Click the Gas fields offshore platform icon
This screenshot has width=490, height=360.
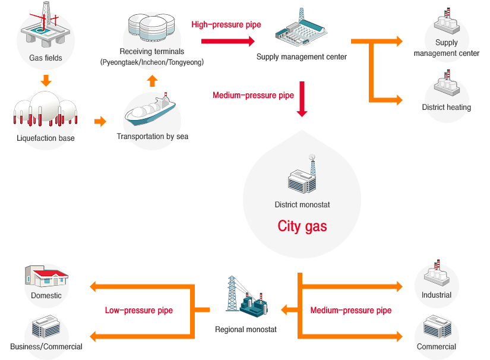pyautogui.click(x=45, y=27)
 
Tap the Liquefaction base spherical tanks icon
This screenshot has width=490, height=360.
pyautogui.click(x=45, y=110)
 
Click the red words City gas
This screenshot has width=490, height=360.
pyautogui.click(x=302, y=226)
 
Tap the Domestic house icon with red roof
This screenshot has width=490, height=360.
pyautogui.click(x=46, y=276)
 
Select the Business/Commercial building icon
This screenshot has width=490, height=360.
pyautogui.click(x=46, y=327)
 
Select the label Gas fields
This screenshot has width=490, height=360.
pyautogui.click(x=46, y=58)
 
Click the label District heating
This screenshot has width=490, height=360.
pyautogui.click(x=447, y=108)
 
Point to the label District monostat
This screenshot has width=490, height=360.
pyautogui.click(x=302, y=205)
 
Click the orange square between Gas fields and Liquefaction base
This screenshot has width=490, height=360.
pyautogui.click(x=46, y=80)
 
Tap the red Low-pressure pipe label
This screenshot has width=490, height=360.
pyautogui.click(x=139, y=310)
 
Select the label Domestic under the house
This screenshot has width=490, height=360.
pyautogui.click(x=46, y=296)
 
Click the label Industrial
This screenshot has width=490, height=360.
pyautogui.click(x=437, y=295)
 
